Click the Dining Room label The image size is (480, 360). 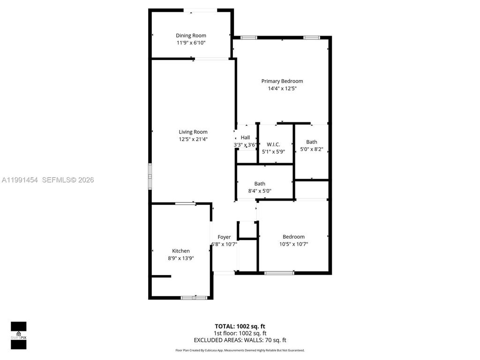(x=191, y=36)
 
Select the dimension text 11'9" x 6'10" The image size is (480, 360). (x=191, y=43)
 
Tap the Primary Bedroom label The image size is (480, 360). (x=282, y=81)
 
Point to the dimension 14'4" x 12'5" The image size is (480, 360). (x=282, y=88)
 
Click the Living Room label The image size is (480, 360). (x=193, y=132)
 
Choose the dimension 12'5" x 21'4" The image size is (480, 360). (x=193, y=139)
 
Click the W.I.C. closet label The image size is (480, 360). (x=273, y=144)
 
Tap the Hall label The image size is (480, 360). (x=245, y=137)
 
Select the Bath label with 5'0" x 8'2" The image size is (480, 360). (x=312, y=142)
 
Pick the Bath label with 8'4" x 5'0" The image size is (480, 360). (x=260, y=184)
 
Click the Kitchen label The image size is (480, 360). (x=181, y=251)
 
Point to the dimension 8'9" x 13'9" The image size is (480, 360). (x=181, y=258)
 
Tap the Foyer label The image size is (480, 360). (x=224, y=237)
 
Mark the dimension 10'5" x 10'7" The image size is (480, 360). (x=293, y=244)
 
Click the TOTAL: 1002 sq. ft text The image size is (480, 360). (x=240, y=326)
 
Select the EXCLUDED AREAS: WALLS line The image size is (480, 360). (x=240, y=340)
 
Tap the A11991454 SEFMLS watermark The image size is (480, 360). (x=47, y=180)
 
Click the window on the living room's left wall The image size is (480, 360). (x=150, y=176)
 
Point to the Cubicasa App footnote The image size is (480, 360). (x=240, y=350)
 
